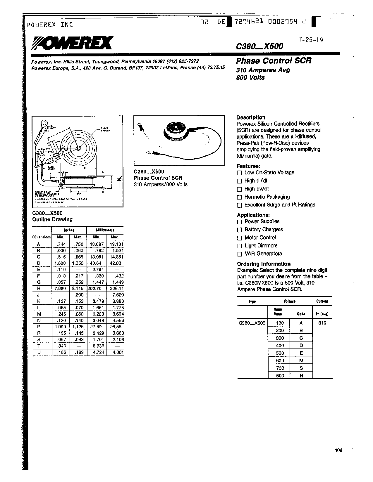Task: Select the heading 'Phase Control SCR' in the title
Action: coord(274,61)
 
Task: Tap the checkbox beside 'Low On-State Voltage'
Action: coord(240,173)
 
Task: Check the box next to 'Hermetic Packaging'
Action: coord(240,197)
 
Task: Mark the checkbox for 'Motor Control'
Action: coord(240,238)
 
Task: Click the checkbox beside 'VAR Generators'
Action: coord(240,254)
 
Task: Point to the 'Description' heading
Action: coord(251,117)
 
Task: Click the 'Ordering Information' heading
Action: coord(264,264)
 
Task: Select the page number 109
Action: coord(338,450)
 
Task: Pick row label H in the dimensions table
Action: coord(39,289)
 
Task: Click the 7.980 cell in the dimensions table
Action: coord(61,289)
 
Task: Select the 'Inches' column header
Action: coord(69,230)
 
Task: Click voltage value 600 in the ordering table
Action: coord(280,360)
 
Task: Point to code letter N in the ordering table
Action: coord(301,376)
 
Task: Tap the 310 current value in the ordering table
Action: coord(322,323)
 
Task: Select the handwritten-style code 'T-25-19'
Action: coord(311,40)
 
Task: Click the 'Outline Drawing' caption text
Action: coord(52,219)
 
